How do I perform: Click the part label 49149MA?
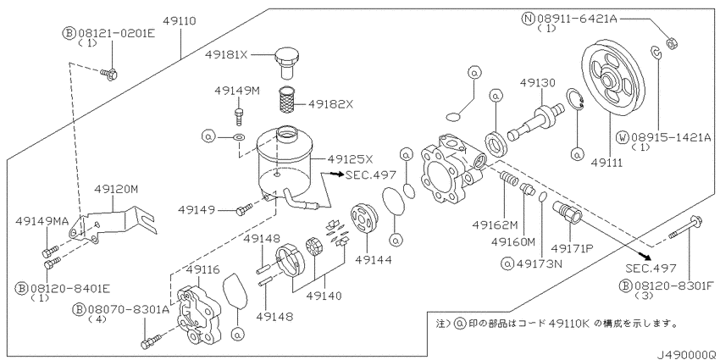click(43, 222)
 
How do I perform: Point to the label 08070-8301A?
click(127, 309)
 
